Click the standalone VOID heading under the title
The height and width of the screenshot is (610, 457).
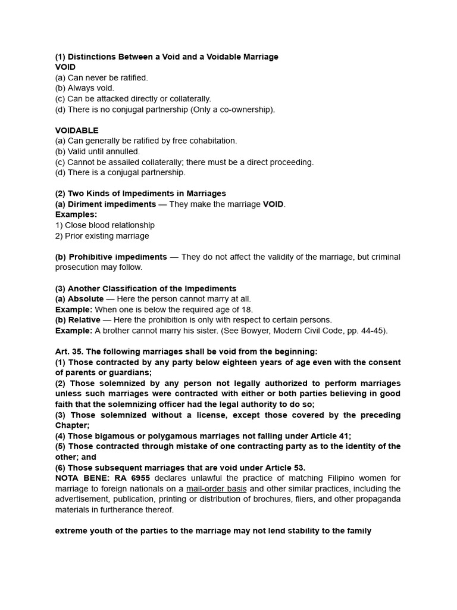(x=65, y=67)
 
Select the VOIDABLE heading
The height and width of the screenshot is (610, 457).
(x=77, y=130)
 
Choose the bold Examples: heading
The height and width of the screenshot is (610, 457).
(x=76, y=214)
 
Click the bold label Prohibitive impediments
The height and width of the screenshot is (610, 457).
(x=118, y=257)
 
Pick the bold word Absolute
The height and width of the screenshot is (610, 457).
(x=86, y=299)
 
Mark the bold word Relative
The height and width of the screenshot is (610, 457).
(x=84, y=320)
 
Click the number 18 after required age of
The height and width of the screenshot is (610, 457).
(x=246, y=310)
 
